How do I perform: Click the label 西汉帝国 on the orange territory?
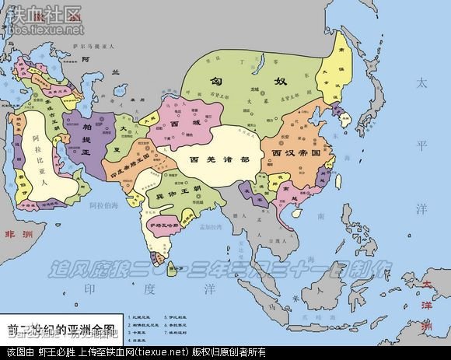pyautogui.click(x=296, y=154)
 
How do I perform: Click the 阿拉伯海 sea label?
pyautogui.click(x=103, y=206)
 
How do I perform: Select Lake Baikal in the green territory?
pyautogui.click(x=267, y=61)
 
